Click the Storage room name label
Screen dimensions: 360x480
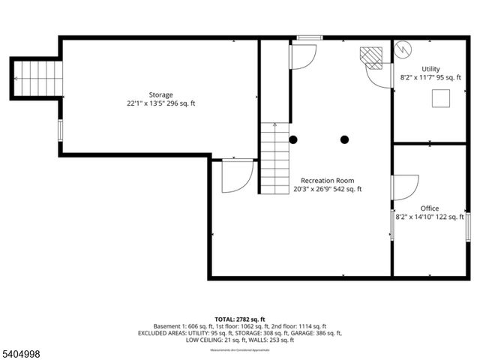point(160,94)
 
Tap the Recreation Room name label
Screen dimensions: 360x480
point(328,180)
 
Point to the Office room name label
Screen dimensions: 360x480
point(430,208)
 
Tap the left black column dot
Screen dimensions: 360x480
point(293,139)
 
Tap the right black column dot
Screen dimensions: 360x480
point(344,139)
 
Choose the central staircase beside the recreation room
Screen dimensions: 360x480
point(275,157)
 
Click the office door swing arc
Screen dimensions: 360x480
point(406,187)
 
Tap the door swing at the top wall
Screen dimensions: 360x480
point(303,57)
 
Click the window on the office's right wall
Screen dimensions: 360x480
point(468,226)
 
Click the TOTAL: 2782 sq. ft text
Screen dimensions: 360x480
point(239,319)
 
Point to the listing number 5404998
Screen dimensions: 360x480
point(22,352)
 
